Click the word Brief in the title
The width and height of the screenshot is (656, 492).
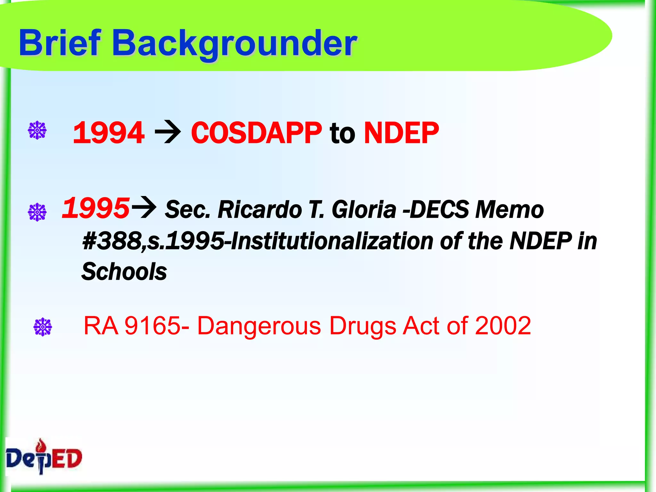(x=60, y=43)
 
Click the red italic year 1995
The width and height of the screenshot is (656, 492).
(x=96, y=209)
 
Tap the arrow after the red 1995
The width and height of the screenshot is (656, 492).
(x=144, y=208)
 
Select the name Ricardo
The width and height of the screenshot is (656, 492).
(x=260, y=210)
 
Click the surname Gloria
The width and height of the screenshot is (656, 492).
(x=364, y=210)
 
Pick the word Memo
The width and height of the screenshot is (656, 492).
(x=509, y=210)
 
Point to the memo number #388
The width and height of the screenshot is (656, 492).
(x=112, y=241)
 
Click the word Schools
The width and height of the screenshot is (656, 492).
(x=124, y=272)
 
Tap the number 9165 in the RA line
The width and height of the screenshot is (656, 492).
(x=152, y=326)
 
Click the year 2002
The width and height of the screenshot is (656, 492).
(x=503, y=326)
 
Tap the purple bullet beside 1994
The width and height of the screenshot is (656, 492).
(x=37, y=130)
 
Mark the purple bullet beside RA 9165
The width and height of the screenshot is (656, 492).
(x=43, y=327)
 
